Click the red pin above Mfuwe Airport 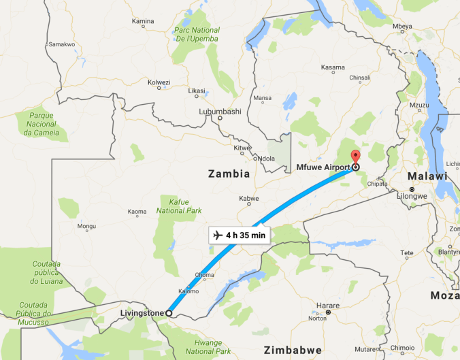coord(355,156)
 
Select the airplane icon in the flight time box coord(218,235)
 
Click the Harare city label coord(329,306)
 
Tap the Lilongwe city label coord(412,196)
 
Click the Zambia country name coord(228,174)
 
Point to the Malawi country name coord(427,176)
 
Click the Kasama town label coord(333,67)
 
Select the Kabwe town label coord(249,199)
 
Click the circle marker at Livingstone coord(169,313)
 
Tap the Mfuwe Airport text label coord(323,167)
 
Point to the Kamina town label coord(143,22)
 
